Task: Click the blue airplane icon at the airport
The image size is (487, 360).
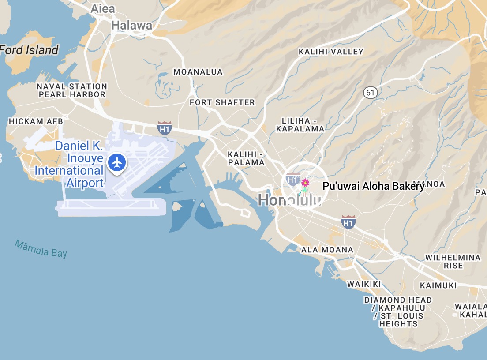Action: click(117, 162)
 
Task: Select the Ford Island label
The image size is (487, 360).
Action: click(29, 50)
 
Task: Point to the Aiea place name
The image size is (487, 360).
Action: click(102, 8)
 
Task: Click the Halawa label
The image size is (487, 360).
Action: click(131, 26)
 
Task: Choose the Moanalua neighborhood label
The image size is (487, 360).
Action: click(198, 72)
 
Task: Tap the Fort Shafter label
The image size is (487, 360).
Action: click(222, 102)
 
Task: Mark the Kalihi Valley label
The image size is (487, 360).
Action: click(331, 52)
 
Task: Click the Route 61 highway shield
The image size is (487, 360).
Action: click(370, 93)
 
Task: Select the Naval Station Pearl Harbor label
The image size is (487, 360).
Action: click(72, 90)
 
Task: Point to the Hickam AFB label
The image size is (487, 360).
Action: click(36, 121)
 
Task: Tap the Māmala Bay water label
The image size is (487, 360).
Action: click(41, 248)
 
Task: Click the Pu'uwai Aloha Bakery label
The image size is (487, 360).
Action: click(373, 186)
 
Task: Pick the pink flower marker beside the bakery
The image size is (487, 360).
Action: click(305, 182)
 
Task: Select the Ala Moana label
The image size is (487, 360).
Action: click(327, 250)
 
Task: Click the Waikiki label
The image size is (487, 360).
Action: click(364, 284)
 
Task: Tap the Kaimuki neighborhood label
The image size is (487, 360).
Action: click(438, 285)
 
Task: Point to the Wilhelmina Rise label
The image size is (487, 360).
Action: click(453, 262)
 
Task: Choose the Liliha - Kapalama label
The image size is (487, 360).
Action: click(300, 125)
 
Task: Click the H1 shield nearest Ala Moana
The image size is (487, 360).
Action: click(348, 222)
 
